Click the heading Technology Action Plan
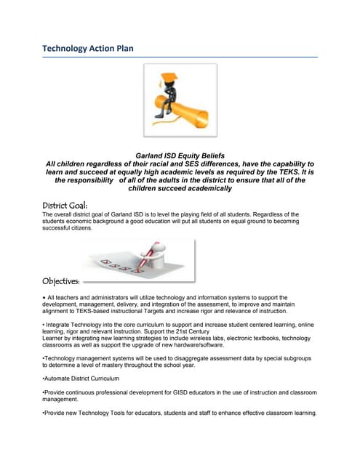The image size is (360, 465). tap(87, 48)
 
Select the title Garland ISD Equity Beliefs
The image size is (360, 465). tap(180, 155)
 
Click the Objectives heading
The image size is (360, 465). tap(61, 280)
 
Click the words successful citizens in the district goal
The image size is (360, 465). tap(68, 228)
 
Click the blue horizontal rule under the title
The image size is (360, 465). tap(180, 57)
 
